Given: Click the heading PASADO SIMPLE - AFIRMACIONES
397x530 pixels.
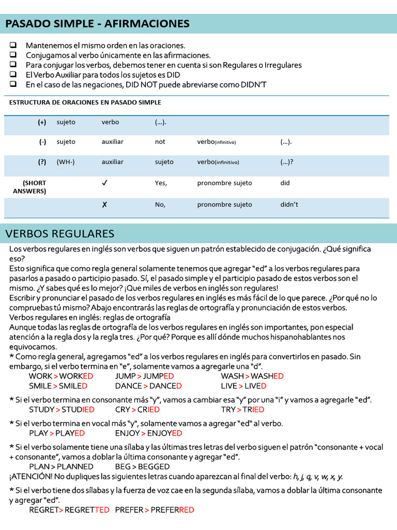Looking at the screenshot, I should (x=98, y=24).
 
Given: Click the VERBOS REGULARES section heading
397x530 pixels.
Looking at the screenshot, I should (x=60, y=233).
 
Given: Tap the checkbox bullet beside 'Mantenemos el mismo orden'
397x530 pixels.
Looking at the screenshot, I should (x=13, y=45).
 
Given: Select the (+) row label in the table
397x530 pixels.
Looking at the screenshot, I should (x=42, y=122).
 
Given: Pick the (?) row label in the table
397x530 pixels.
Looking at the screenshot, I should (x=42, y=162).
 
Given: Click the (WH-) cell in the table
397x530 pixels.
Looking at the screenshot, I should (x=66, y=162).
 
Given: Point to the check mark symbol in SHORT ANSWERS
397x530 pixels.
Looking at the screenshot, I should (x=105, y=183).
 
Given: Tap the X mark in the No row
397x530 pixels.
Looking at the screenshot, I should (x=104, y=204).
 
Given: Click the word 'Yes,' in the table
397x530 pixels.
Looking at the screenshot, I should (x=161, y=183).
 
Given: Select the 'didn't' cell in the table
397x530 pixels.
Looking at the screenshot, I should (x=289, y=204).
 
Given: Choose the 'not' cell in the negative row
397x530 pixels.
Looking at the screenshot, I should (x=160, y=141).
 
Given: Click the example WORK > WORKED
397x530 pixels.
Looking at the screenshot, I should (x=61, y=376).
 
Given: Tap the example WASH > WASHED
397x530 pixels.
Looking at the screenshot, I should (x=252, y=376).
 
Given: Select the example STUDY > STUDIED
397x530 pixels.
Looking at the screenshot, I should (x=62, y=409).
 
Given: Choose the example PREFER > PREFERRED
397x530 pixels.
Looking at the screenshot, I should (x=155, y=510).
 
